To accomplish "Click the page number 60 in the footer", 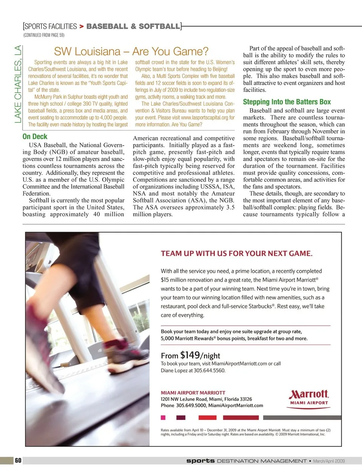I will [18, 460].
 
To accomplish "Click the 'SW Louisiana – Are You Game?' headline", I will [131, 51].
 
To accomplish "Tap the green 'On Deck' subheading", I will [35, 136].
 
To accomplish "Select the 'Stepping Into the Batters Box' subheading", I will [287, 102].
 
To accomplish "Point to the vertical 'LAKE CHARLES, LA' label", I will [18, 84].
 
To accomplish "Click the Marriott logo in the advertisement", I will [309, 397].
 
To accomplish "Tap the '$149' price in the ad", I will [190, 355].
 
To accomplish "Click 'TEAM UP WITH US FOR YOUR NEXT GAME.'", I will [236, 253].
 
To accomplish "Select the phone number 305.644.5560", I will [209, 371].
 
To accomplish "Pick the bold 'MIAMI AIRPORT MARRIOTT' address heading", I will [193, 392].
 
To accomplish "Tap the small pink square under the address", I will [163, 417].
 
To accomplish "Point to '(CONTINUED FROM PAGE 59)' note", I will [44, 35].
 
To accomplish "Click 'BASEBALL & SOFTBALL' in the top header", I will [133, 26].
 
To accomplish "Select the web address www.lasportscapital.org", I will [204, 118].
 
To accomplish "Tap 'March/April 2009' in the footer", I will [329, 461].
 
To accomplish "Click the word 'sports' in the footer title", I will [200, 461].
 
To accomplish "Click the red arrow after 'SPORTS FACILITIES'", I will [81, 27].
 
